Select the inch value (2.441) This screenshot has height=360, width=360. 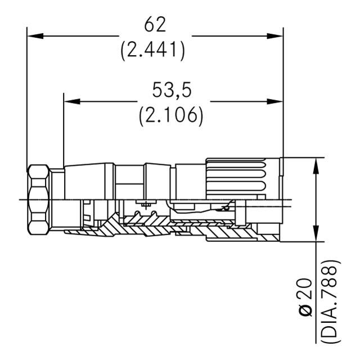tap(153, 51)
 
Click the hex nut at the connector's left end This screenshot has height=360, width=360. tap(38, 200)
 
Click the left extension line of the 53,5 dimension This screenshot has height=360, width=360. tap(63, 129)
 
